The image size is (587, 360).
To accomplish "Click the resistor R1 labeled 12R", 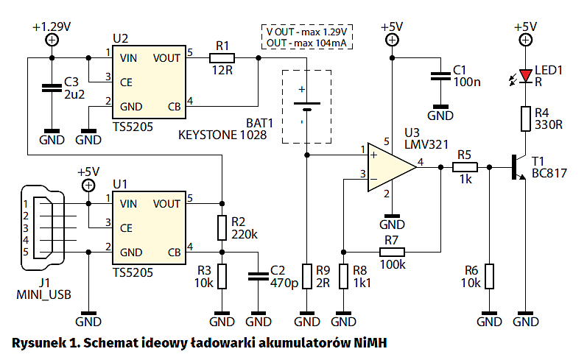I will coord(222,57).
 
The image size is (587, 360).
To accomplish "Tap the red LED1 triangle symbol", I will coord(525,76).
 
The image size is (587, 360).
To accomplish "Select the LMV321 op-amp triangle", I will coord(391,166).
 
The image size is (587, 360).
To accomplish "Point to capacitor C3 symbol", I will coord(51,88).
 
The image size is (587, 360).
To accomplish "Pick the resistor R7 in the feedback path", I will coord(391,253).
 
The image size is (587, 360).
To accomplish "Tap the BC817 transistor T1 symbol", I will coord(517,168).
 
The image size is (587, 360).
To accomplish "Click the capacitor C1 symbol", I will coord(440,74).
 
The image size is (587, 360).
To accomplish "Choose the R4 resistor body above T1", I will coord(525,119).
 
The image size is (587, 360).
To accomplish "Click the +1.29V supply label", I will coord(52,27).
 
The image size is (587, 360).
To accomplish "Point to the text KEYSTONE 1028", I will coord(222,135).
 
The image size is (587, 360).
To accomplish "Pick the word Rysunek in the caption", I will coord(37,342).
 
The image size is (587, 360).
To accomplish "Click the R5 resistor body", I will coord(465,167).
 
